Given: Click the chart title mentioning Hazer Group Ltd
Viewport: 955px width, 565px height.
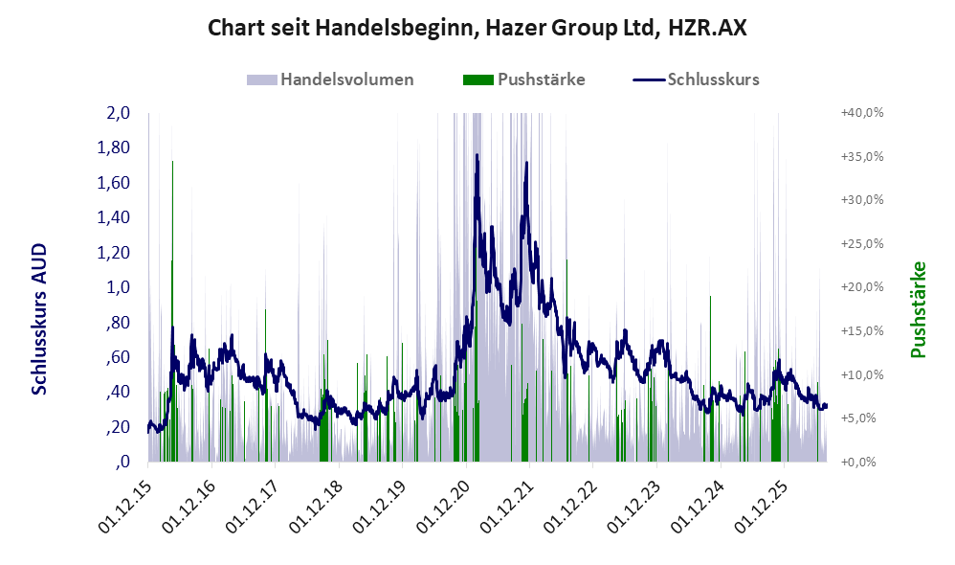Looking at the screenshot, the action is (x=477, y=28).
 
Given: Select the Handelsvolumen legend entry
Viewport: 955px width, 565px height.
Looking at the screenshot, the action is (x=330, y=79).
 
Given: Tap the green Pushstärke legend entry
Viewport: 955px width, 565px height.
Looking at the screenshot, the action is (x=523, y=79).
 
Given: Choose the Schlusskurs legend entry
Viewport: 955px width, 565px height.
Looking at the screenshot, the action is (x=696, y=79).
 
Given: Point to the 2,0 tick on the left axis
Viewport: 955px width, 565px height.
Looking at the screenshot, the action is (x=118, y=113).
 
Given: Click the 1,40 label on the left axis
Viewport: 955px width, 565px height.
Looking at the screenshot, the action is (x=114, y=217).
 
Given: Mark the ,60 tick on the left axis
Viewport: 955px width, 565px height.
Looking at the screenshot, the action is (x=118, y=356).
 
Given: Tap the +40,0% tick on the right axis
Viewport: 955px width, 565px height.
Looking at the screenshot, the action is (x=862, y=113).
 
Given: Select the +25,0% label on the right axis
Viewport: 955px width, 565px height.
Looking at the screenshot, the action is (x=862, y=244).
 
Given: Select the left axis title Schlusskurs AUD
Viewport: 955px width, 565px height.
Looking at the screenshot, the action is (x=39, y=319).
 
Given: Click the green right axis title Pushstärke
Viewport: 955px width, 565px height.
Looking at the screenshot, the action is (x=918, y=309).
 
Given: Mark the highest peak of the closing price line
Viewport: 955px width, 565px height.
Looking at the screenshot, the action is (x=477, y=155).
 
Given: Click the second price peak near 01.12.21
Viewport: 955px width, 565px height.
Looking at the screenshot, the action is (x=526, y=163).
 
